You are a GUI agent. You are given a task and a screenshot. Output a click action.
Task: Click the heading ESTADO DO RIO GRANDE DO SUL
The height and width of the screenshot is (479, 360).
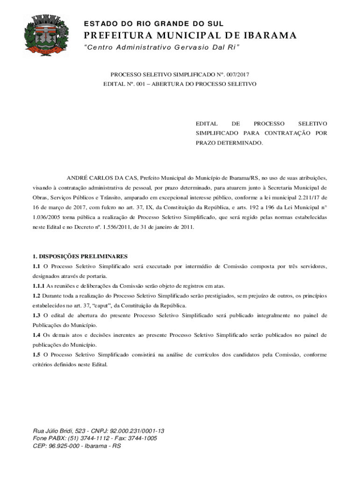(x=154, y=24)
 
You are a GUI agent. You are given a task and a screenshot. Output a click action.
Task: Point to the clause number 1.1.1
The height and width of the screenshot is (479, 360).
(x=38, y=286)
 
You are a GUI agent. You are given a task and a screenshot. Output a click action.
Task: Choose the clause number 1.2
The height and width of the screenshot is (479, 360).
(x=36, y=296)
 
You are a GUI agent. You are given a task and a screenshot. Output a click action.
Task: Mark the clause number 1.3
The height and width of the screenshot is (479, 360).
(x=36, y=315)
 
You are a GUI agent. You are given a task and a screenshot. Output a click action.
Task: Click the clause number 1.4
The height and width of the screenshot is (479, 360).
(x=36, y=335)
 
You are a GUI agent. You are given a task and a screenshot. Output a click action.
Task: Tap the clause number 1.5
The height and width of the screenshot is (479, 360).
(x=36, y=355)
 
